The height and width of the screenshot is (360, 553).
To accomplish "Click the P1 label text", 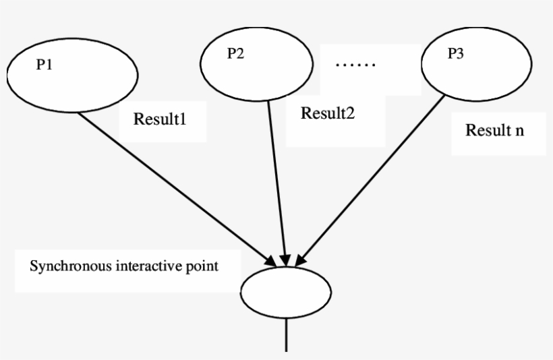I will [x=45, y=67].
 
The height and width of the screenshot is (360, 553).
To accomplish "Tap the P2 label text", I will [x=235, y=55].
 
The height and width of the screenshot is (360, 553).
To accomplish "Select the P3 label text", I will [x=456, y=55].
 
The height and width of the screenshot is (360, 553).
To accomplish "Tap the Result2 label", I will [x=328, y=113].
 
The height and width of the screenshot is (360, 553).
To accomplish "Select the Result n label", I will [x=495, y=129].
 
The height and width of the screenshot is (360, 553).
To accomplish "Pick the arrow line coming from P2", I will [x=278, y=182].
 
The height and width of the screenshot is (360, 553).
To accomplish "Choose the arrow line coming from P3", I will [x=373, y=179].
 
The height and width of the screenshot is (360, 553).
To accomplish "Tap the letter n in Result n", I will [x=520, y=130].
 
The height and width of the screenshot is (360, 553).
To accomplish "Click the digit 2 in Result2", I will [x=351, y=113].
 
